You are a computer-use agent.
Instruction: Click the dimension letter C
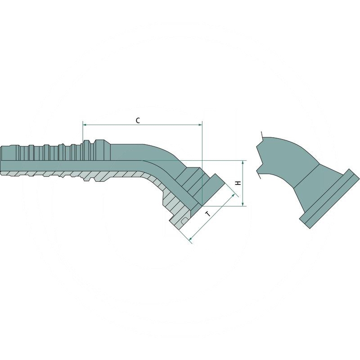click(138, 120)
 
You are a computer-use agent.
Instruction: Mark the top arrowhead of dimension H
click(243, 162)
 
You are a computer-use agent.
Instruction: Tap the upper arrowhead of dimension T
click(234, 194)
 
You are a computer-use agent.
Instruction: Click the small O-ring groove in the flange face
click(185, 220)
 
